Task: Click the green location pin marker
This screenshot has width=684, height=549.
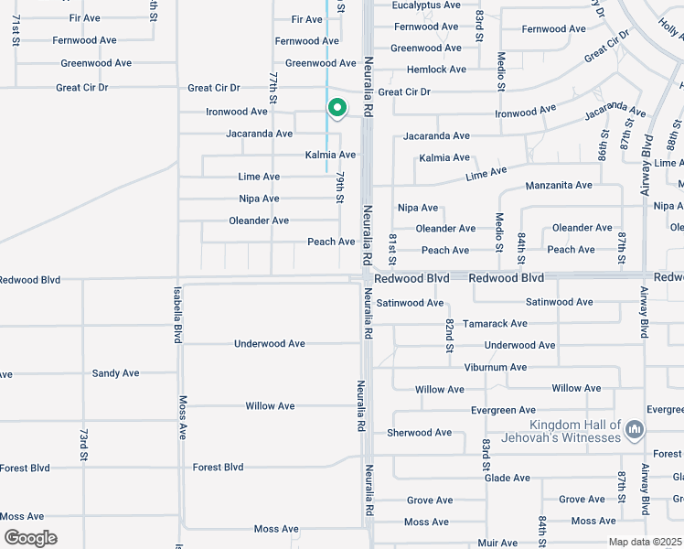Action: click(x=337, y=108)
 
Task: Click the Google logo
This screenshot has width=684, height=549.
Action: click(x=30, y=538)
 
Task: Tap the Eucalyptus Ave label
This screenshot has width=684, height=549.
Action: click(x=426, y=5)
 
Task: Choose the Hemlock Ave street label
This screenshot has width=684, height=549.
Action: click(x=437, y=70)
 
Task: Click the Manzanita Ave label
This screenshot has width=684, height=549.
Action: click(x=559, y=186)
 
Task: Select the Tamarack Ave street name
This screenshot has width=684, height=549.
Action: click(x=495, y=324)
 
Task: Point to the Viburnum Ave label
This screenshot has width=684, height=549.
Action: click(x=494, y=368)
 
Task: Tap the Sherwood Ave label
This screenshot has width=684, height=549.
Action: click(x=420, y=433)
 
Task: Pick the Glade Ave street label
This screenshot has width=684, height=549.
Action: click(x=508, y=478)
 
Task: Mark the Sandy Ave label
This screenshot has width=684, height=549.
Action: click(x=115, y=373)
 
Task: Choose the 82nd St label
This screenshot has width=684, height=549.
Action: click(x=449, y=335)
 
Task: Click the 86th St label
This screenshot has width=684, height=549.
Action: click(x=604, y=144)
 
